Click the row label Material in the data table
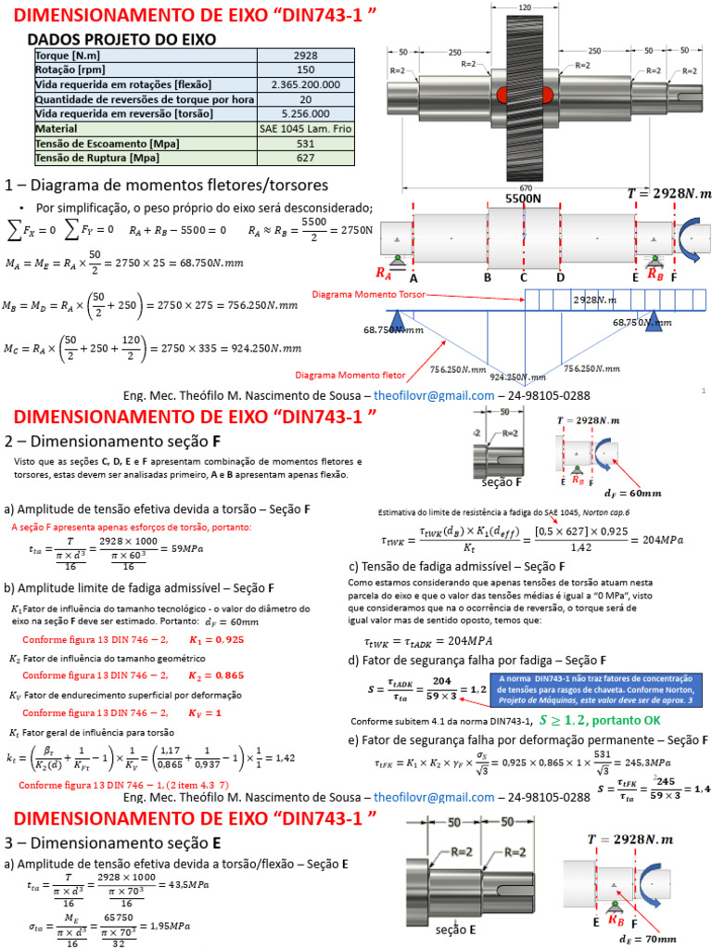coord(56,129)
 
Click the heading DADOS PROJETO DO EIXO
coord(121,39)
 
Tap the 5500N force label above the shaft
coord(523,199)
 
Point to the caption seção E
coord(455,928)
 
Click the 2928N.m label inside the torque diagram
coord(598,300)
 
